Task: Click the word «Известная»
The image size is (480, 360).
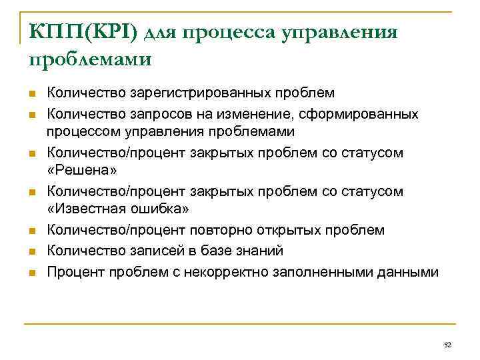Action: tap(93, 209)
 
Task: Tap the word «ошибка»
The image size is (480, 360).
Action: tap(164, 209)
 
